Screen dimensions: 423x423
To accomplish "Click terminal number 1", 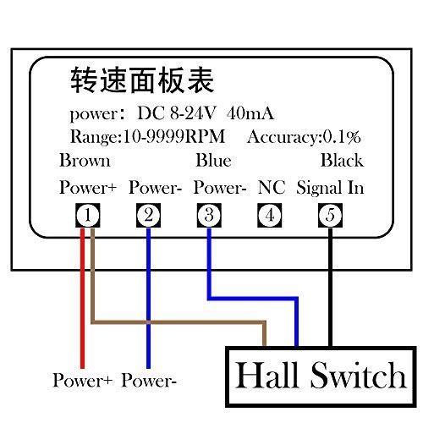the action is tap(88, 215).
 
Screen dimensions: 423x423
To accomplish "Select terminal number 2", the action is tap(148, 215).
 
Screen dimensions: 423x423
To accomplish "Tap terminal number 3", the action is tap(209, 215).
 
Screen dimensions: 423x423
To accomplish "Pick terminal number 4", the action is tap(270, 215).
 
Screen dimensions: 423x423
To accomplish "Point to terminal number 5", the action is tap(330, 215).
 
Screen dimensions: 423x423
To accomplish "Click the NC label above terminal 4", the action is tap(272, 187).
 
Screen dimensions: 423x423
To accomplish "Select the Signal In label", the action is tap(330, 188).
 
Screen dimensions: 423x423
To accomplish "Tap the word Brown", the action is tap(85, 161).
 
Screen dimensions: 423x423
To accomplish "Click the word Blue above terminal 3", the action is tap(213, 161).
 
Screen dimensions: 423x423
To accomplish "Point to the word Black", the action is tap(342, 161).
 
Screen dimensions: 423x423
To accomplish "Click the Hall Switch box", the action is tap(321, 376).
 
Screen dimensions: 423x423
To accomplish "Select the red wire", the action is tap(82, 299).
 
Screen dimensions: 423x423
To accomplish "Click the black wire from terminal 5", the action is tap(331, 287).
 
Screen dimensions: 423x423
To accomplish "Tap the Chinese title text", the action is tap(142, 80).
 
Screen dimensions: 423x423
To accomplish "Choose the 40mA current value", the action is tap(250, 113).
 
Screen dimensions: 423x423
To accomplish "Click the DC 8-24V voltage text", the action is tap(177, 113).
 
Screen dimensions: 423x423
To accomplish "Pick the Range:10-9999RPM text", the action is tap(147, 137).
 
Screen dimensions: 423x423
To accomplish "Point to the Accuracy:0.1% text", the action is tap(304, 137).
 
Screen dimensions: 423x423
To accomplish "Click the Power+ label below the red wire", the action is tap(82, 381).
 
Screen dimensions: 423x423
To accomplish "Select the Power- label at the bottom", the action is tap(149, 381).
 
